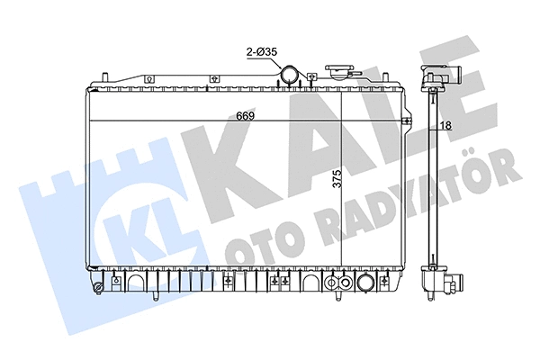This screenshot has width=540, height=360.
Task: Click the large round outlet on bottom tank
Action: click(365, 284)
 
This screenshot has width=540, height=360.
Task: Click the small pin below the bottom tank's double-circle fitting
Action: click(335, 300)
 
